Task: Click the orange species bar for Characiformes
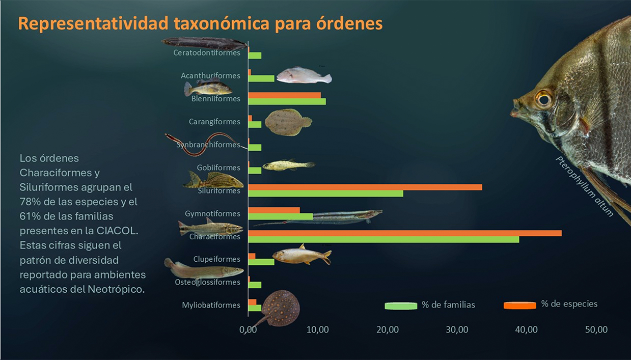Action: pyautogui.click(x=404, y=233)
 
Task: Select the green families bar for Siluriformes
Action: pyautogui.click(x=325, y=193)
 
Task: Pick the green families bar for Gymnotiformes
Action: pyautogui.click(x=280, y=216)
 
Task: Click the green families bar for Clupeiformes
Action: pyautogui.click(x=261, y=262)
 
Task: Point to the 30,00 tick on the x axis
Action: pyautogui.click(x=457, y=329)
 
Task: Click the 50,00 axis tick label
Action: pyautogui.click(x=596, y=329)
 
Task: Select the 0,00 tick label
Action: pyautogui.click(x=248, y=329)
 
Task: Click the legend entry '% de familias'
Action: pyautogui.click(x=448, y=305)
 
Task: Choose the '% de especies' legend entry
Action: pyautogui.click(x=569, y=304)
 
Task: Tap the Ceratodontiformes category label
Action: pyautogui.click(x=206, y=53)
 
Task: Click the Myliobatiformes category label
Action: pyautogui.click(x=211, y=306)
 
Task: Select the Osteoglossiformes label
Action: pyautogui.click(x=207, y=282)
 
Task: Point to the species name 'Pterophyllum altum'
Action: pyautogui.click(x=585, y=186)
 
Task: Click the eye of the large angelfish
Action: pyautogui.click(x=543, y=98)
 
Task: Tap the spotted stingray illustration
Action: pyautogui.click(x=280, y=307)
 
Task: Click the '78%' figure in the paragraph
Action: pyautogui.click(x=29, y=202)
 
